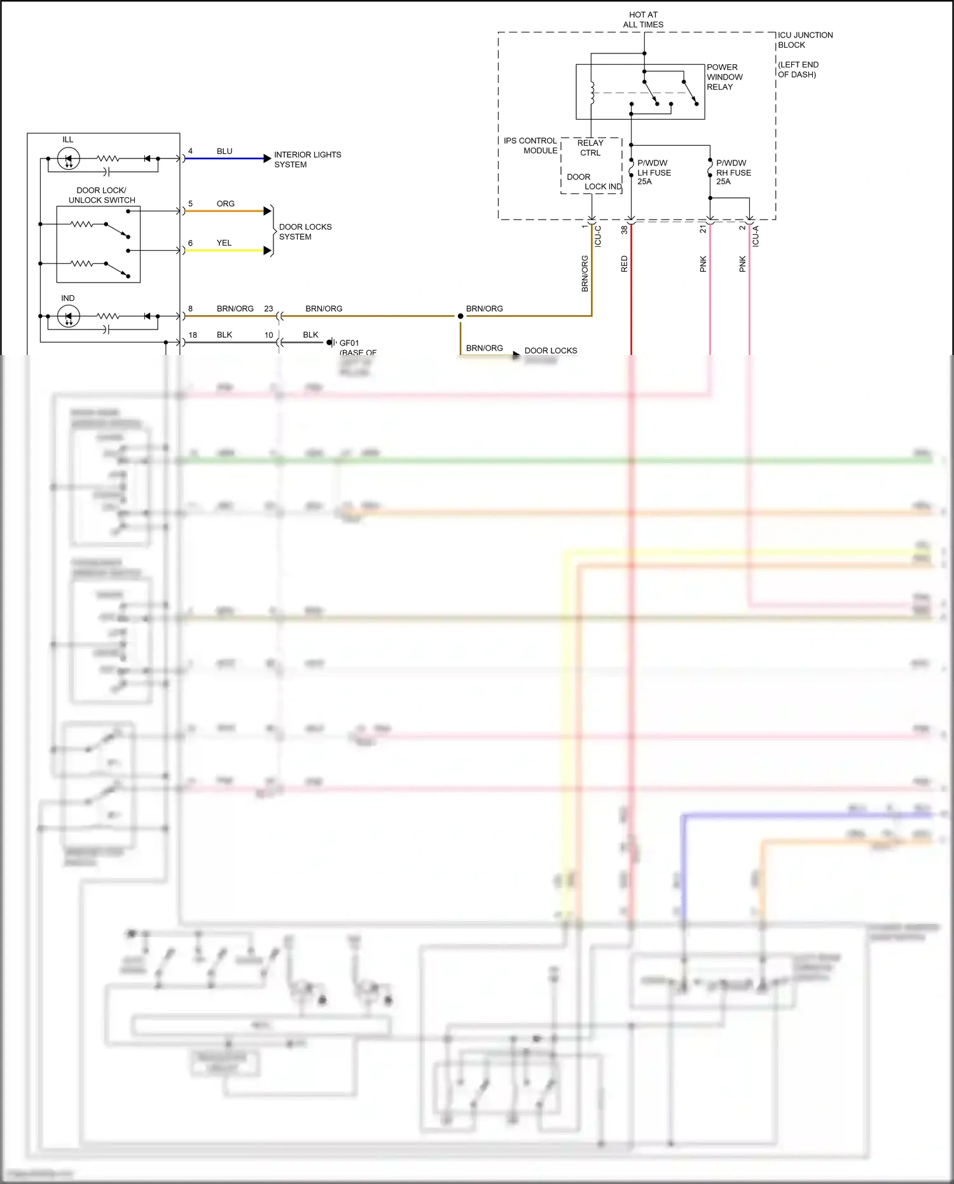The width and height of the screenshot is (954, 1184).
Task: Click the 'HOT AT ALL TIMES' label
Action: pyautogui.click(x=643, y=20)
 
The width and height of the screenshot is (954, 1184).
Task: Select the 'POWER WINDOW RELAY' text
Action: pyautogui.click(x=724, y=77)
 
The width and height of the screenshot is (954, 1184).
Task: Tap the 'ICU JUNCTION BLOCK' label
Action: pyautogui.click(x=805, y=40)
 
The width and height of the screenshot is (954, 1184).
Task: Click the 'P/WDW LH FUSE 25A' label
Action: pyautogui.click(x=654, y=172)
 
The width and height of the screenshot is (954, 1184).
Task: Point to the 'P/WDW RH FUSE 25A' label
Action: pyautogui.click(x=733, y=172)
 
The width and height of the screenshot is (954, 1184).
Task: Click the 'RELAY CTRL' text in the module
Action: pyautogui.click(x=590, y=148)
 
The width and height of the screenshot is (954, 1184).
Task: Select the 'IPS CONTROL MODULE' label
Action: pyautogui.click(x=530, y=146)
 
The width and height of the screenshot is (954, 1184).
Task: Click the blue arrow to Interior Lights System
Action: pyautogui.click(x=267, y=158)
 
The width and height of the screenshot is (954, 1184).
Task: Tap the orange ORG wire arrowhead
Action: pyautogui.click(x=268, y=211)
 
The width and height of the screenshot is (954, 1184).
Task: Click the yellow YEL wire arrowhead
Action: pyautogui.click(x=268, y=251)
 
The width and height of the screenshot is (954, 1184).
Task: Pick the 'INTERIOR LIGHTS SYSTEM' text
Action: pyautogui.click(x=307, y=160)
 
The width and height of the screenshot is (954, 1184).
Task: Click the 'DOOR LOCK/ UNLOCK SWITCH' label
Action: pyautogui.click(x=102, y=195)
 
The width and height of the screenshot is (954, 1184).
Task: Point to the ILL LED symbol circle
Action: pyautogui.click(x=69, y=158)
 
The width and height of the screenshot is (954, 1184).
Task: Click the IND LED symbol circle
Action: pyautogui.click(x=69, y=316)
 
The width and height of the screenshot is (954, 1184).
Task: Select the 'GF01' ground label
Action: pyautogui.click(x=349, y=343)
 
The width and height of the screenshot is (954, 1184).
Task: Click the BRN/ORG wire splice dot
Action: pyautogui.click(x=460, y=316)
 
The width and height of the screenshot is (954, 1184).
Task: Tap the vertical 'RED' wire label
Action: pyautogui.click(x=624, y=264)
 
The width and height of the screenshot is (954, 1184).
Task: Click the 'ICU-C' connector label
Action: pyautogui.click(x=598, y=236)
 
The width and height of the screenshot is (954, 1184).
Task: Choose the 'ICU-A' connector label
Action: pyautogui.click(x=756, y=236)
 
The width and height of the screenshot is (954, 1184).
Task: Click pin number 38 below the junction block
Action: pyautogui.click(x=624, y=230)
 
